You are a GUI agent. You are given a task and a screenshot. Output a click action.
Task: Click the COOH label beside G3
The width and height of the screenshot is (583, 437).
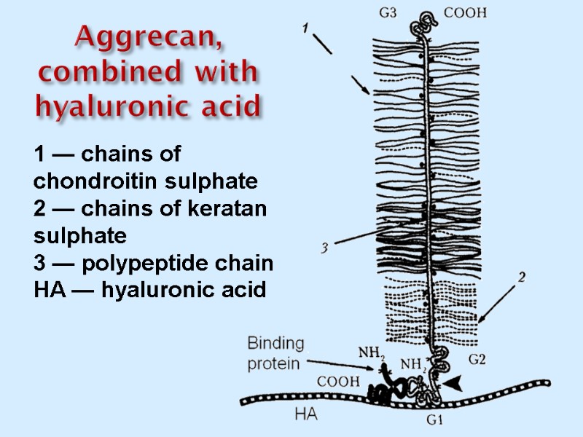coord(465,12)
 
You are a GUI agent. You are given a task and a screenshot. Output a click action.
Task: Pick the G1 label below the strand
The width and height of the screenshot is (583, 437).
coord(435,420)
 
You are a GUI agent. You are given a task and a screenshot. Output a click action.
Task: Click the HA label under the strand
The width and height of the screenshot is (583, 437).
coord(306,414)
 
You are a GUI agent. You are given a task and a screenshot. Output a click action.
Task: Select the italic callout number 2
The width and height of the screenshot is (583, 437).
coord(522,277)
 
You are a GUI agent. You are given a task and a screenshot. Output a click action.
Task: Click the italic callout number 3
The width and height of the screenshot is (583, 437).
coord(325,248)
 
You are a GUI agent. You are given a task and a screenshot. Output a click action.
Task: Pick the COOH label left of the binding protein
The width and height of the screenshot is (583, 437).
coord(337,380)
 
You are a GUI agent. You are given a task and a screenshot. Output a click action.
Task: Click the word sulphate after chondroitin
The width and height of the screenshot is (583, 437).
coord(219,180)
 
